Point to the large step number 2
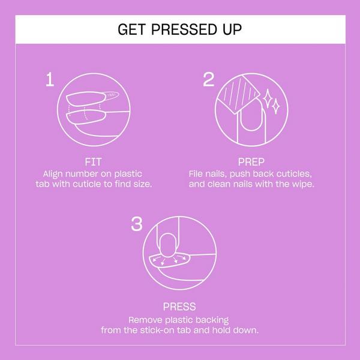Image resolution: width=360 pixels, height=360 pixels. click(208, 80)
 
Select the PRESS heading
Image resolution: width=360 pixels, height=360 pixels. click(179, 307)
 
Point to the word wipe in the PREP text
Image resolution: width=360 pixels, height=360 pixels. click(302, 184)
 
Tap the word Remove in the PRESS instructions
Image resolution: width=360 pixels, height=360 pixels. click(145, 319)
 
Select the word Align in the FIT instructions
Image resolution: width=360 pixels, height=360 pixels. click(49, 173)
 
